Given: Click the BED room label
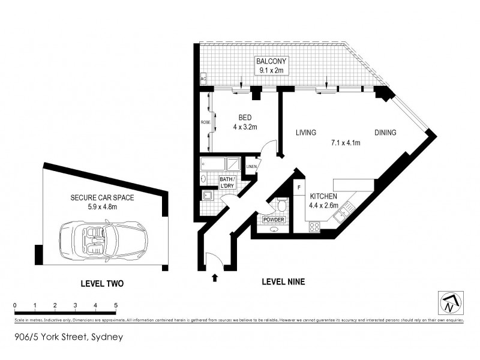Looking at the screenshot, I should [x=244, y=118].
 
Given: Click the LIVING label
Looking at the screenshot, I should [x=306, y=133].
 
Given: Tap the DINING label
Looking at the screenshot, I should [x=385, y=133].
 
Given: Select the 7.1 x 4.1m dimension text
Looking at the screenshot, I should [x=345, y=143].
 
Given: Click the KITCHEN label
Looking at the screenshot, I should [x=323, y=196].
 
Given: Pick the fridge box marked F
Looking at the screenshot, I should [x=299, y=187].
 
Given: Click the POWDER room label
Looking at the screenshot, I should [x=273, y=220].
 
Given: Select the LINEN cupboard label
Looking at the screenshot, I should [x=251, y=166].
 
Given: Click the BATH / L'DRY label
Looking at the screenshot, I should [x=227, y=182].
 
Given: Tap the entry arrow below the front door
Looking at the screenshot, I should [x=215, y=277].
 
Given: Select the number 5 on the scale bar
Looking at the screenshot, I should [x=116, y=305].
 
